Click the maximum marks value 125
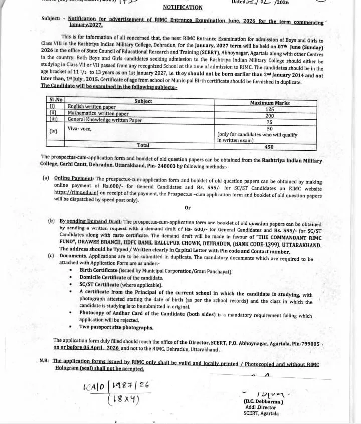[269, 109]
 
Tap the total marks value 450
[269, 147]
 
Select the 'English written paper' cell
[92, 107]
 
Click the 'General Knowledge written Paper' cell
[105, 120]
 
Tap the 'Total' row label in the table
[143, 145]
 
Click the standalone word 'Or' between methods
[188, 207]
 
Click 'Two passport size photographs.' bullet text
[116, 327]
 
